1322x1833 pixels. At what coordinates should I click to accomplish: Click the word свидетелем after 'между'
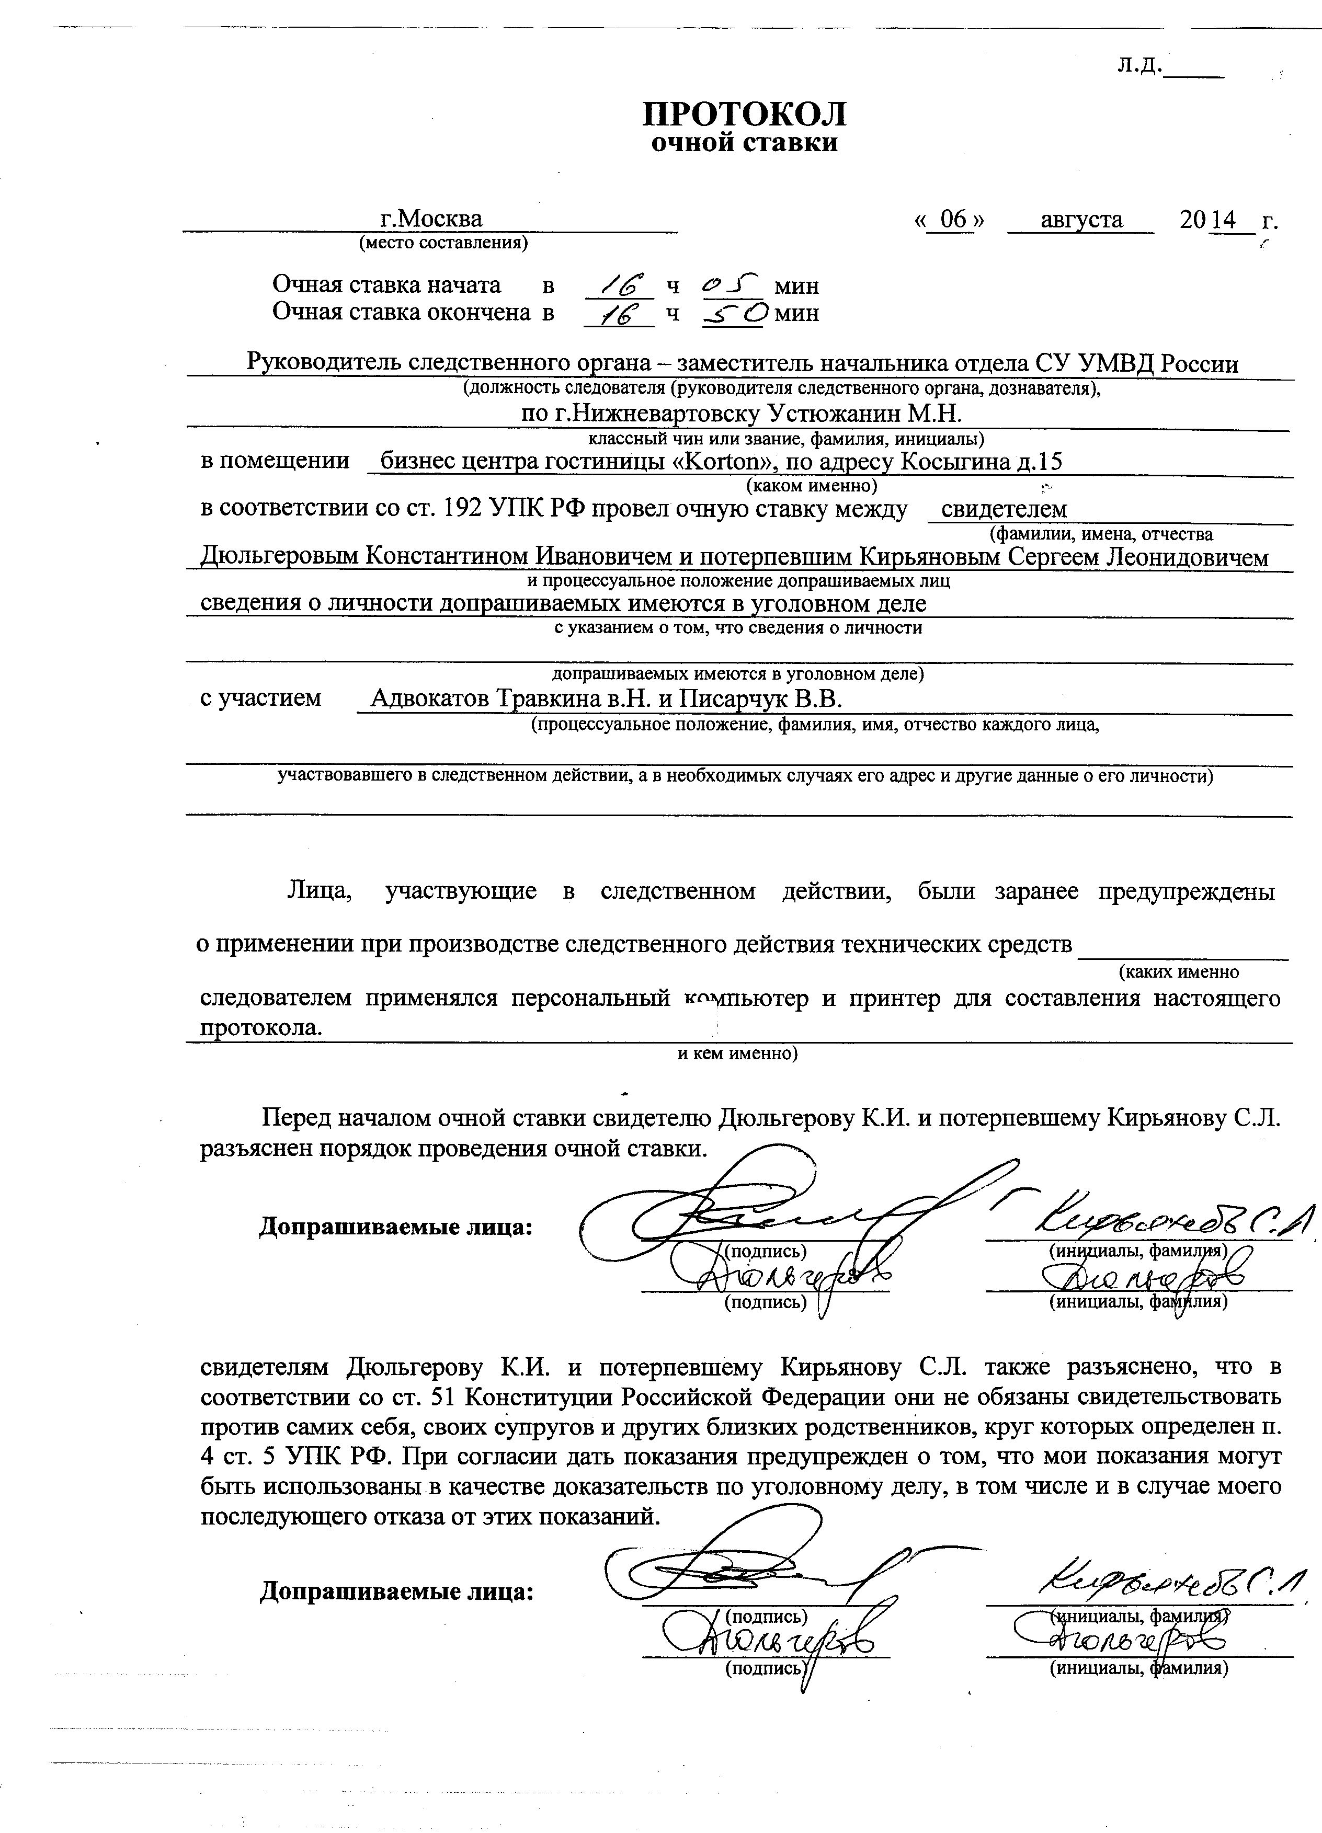point(1004,509)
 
